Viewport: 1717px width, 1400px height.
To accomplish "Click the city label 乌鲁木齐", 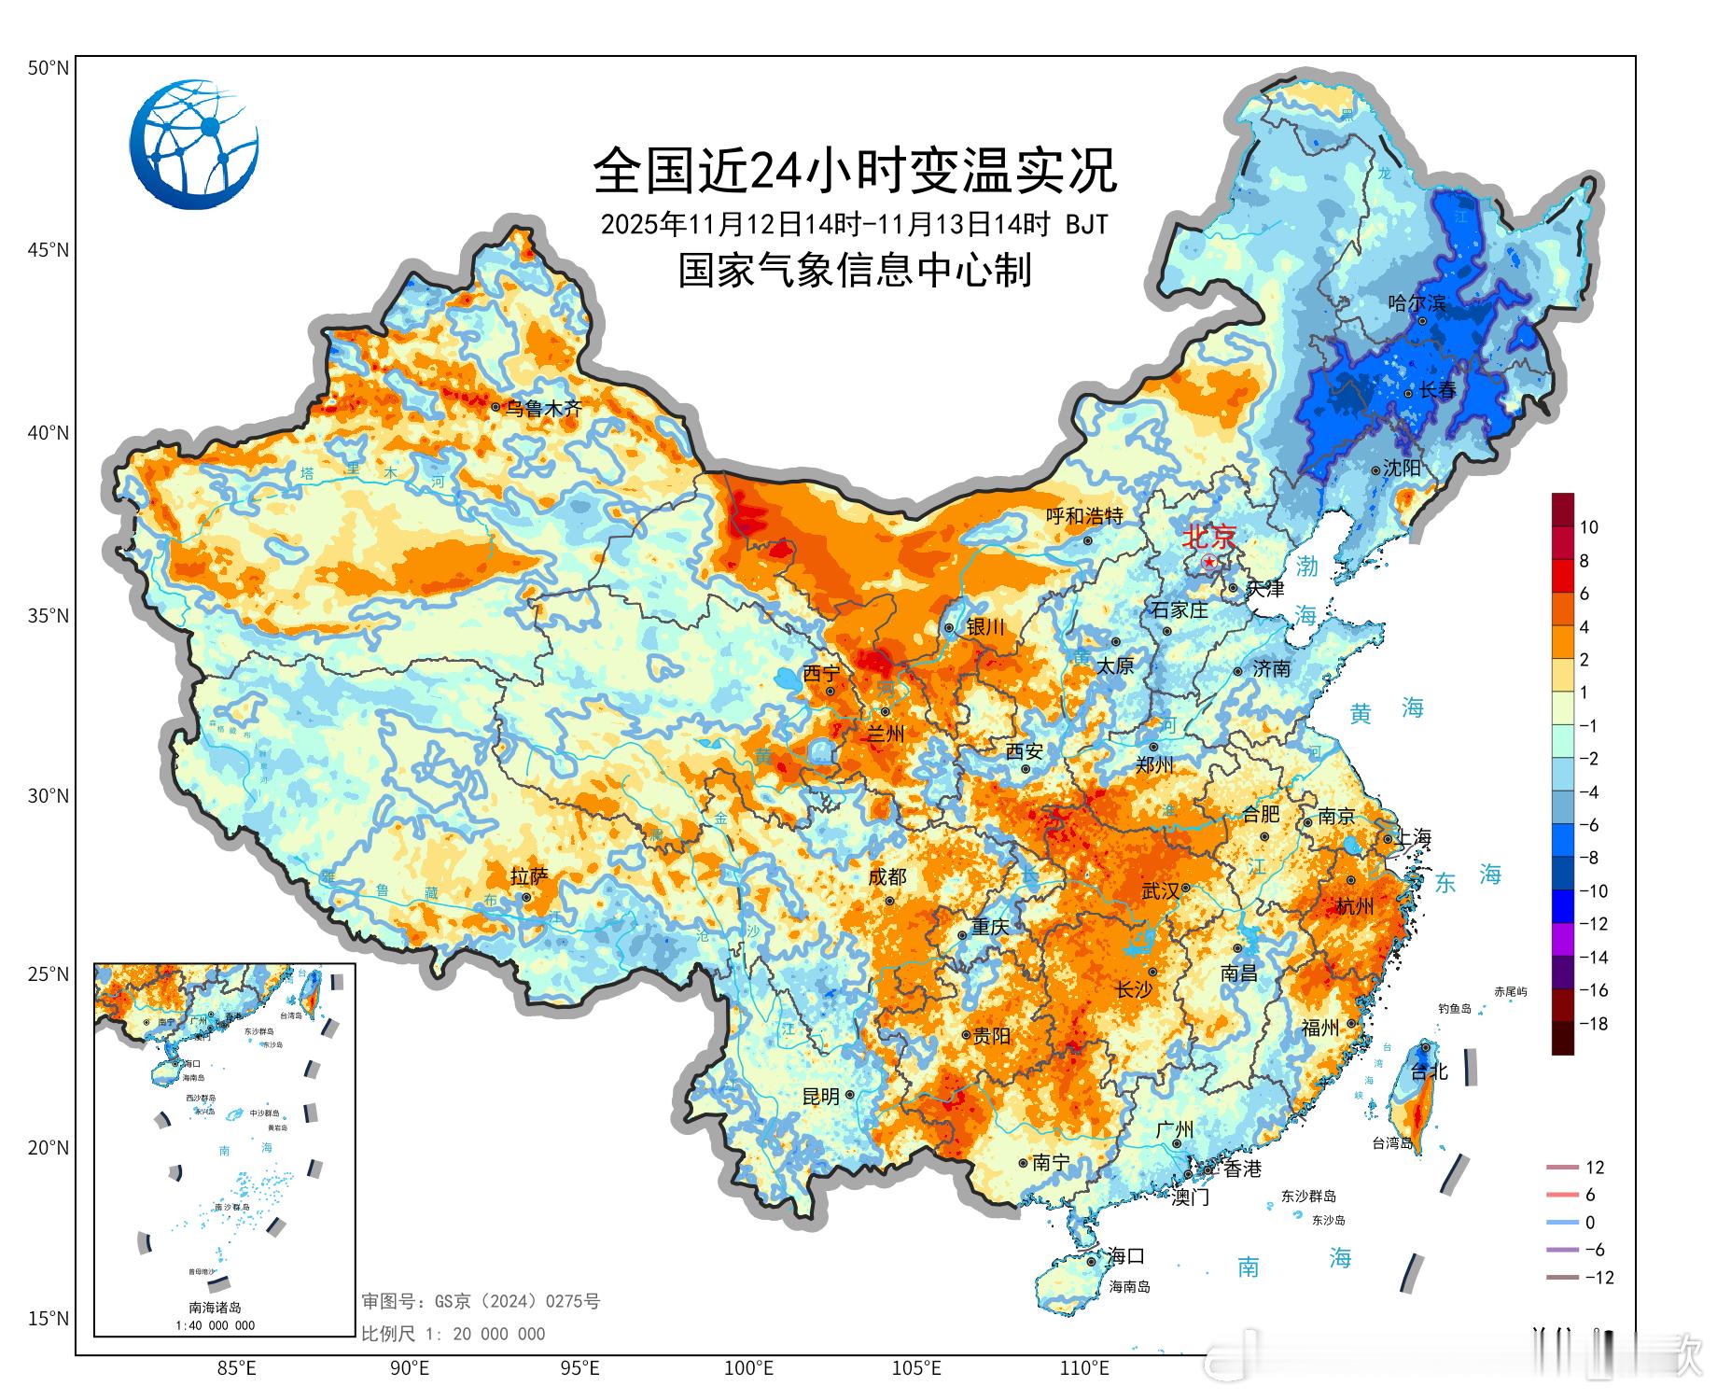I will point(543,408).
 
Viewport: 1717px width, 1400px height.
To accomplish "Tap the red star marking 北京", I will point(1209,563).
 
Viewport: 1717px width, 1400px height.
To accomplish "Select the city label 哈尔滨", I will point(1416,302).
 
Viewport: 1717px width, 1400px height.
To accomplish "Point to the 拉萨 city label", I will point(529,876).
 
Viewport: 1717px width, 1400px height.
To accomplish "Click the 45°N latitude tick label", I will point(48,250).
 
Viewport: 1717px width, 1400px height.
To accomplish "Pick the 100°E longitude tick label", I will point(748,1369).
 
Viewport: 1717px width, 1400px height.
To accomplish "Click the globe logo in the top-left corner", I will point(194,144).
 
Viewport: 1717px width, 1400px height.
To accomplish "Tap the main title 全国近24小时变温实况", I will point(854,170).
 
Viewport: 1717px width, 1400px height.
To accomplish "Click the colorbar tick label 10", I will point(1588,527).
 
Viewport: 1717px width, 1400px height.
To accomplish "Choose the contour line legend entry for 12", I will point(1577,1168).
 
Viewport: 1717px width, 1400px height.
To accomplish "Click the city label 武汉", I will point(1160,891).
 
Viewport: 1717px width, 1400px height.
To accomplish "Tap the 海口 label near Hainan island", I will point(1125,1256).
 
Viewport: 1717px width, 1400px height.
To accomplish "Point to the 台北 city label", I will point(1428,1071).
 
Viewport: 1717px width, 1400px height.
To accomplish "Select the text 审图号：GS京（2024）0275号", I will point(481,1301).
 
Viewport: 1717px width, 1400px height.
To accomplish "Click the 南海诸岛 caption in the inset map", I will point(215,1308).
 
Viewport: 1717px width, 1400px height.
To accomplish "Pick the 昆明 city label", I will point(821,1097).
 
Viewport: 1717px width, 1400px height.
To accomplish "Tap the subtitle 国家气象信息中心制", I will point(854,271).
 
